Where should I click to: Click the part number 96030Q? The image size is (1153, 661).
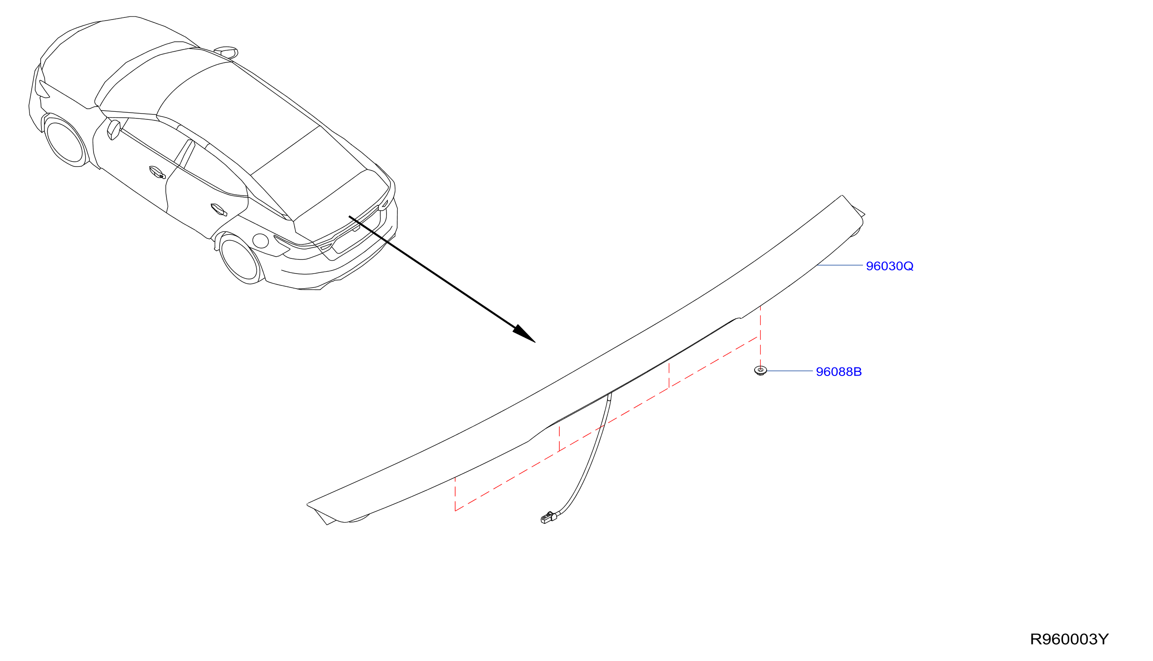pos(889,266)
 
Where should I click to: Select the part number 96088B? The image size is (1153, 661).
pos(838,372)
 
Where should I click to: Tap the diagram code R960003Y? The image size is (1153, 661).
pos(1069,639)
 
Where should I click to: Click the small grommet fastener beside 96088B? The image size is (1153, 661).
pos(760,371)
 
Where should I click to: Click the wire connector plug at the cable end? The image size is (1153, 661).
pos(548,518)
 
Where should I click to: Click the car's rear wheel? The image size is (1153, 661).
pos(239,259)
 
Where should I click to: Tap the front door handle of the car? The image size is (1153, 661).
pos(157,172)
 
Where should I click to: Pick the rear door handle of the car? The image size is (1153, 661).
pos(219,209)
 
